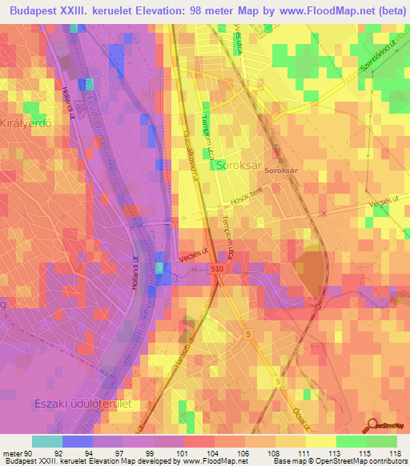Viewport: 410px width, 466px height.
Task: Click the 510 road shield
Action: (x=219, y=271)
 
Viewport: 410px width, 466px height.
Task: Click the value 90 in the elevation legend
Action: (x=30, y=453)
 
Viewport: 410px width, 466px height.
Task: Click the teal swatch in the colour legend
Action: (x=47, y=441)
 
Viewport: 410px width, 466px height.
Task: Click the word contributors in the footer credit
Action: (x=386, y=462)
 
